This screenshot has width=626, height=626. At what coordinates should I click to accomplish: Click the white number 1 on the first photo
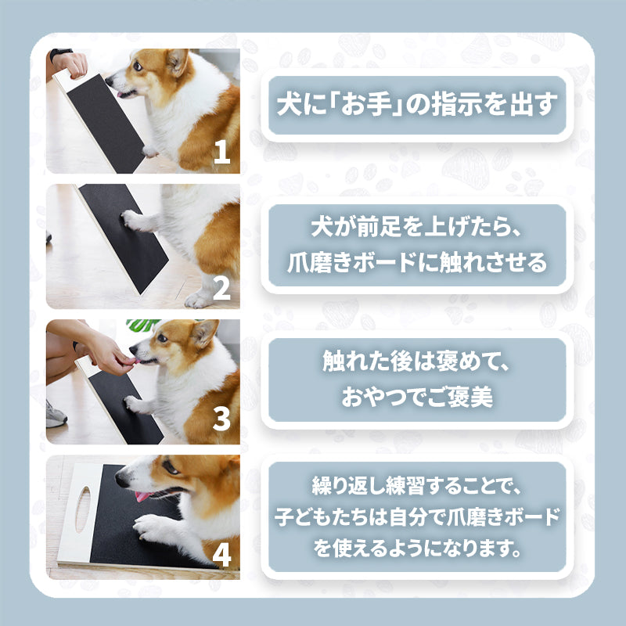[x=222, y=152]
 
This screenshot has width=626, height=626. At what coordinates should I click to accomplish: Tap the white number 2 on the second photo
[x=222, y=288]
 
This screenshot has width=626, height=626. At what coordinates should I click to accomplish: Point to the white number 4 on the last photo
[x=222, y=555]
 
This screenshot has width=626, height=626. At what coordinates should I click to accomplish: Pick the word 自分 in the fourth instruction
[x=406, y=517]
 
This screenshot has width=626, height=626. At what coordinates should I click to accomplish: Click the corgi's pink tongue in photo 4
[x=142, y=496]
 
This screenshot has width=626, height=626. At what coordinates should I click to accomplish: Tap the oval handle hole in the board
[x=83, y=509]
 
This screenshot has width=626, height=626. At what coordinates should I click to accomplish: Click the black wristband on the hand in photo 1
[x=60, y=53]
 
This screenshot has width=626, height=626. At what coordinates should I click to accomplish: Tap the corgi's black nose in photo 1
[x=108, y=82]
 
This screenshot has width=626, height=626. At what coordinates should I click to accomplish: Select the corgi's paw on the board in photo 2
[x=135, y=220]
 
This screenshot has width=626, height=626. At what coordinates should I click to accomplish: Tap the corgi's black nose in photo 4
[x=121, y=477]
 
